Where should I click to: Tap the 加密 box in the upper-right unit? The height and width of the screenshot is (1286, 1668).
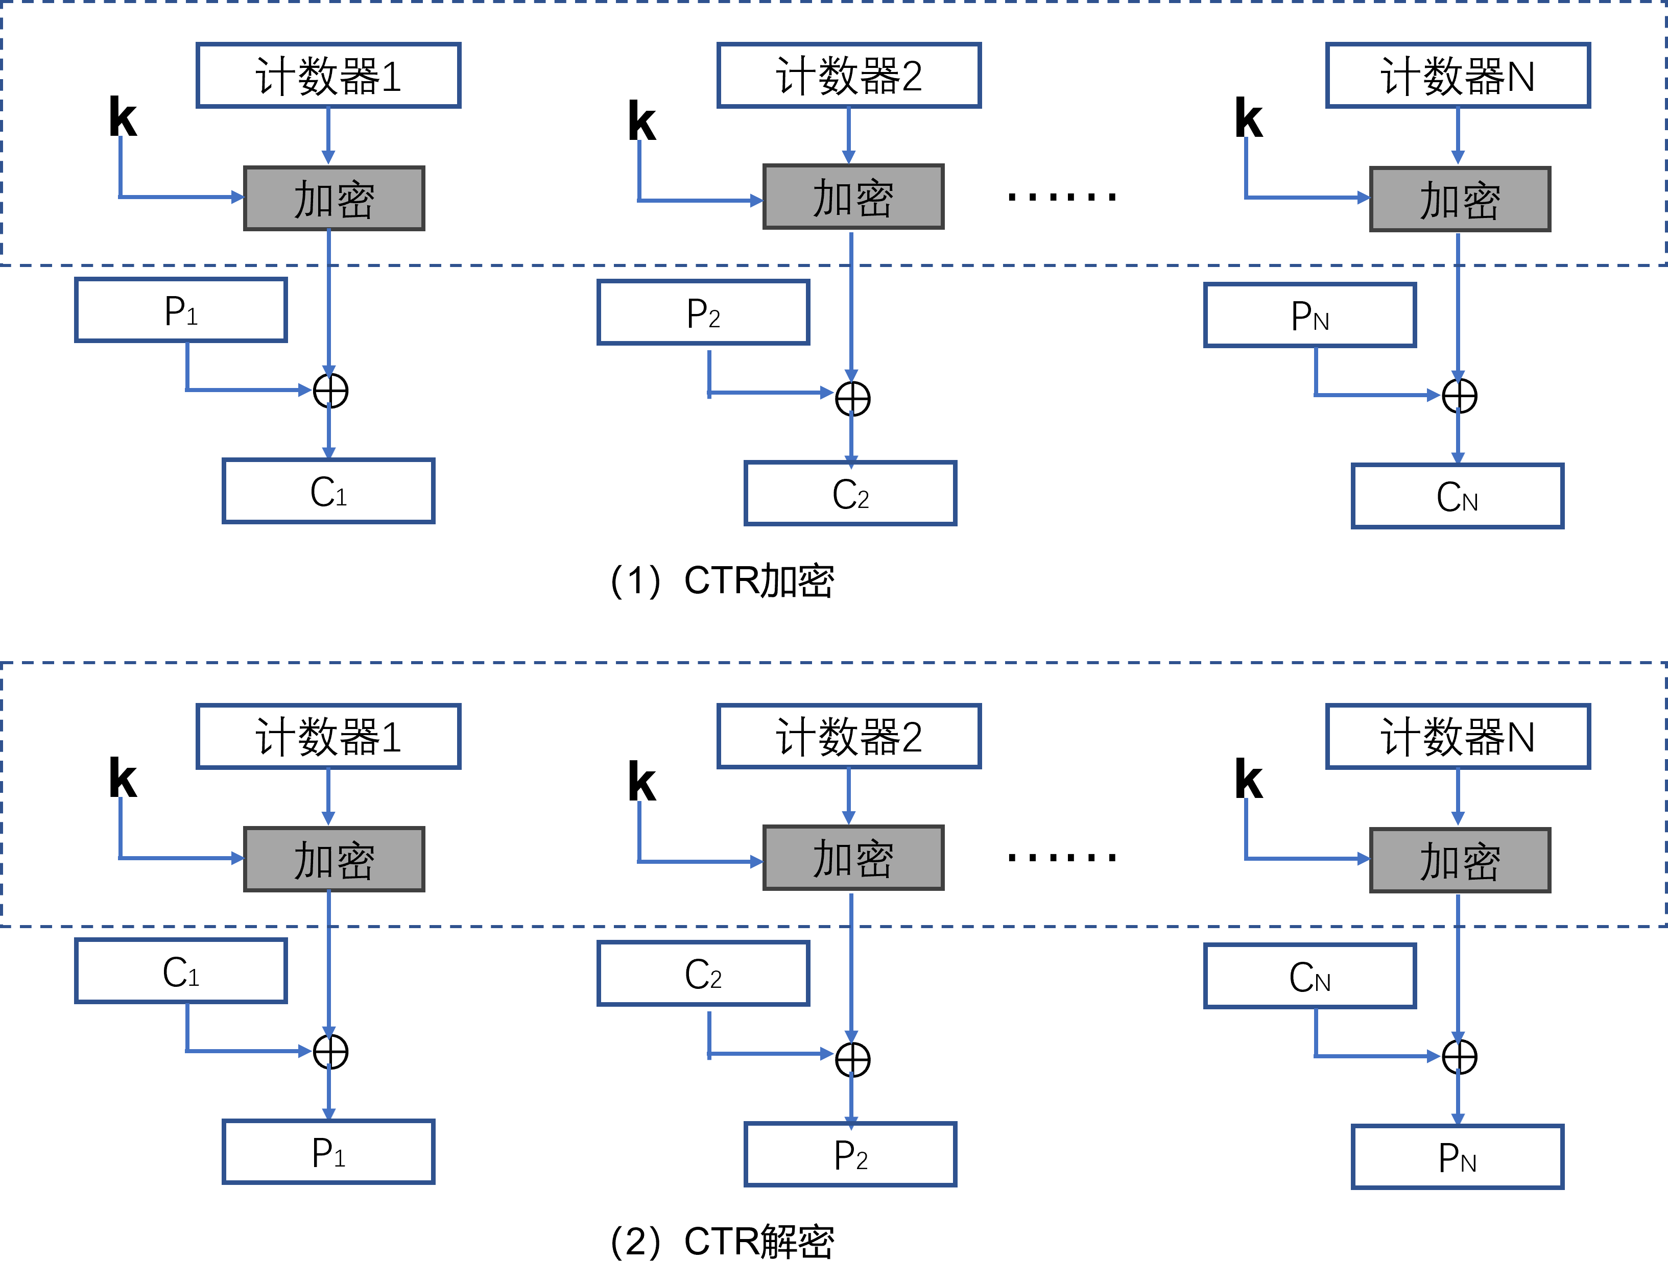click(1460, 199)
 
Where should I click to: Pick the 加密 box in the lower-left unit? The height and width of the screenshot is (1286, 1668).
click(333, 859)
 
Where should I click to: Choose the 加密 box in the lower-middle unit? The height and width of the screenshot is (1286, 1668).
click(853, 858)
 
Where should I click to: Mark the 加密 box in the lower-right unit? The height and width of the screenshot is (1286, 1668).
click(1460, 860)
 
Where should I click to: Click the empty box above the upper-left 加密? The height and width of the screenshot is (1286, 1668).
click(328, 76)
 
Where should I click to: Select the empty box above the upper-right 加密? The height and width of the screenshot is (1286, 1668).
click(1458, 76)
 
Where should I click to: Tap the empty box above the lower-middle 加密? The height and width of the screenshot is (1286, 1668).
click(848, 736)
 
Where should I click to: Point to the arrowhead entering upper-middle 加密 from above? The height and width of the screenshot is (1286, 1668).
click(848, 157)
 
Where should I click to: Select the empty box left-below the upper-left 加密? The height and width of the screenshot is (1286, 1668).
click(181, 310)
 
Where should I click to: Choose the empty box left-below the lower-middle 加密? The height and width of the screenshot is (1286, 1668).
click(703, 974)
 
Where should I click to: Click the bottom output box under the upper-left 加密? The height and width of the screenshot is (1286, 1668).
click(328, 491)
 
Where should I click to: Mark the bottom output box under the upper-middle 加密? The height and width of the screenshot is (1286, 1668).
click(850, 493)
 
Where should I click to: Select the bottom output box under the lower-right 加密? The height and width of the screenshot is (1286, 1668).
click(1457, 1157)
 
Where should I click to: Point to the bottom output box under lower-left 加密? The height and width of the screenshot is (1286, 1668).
click(328, 1152)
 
